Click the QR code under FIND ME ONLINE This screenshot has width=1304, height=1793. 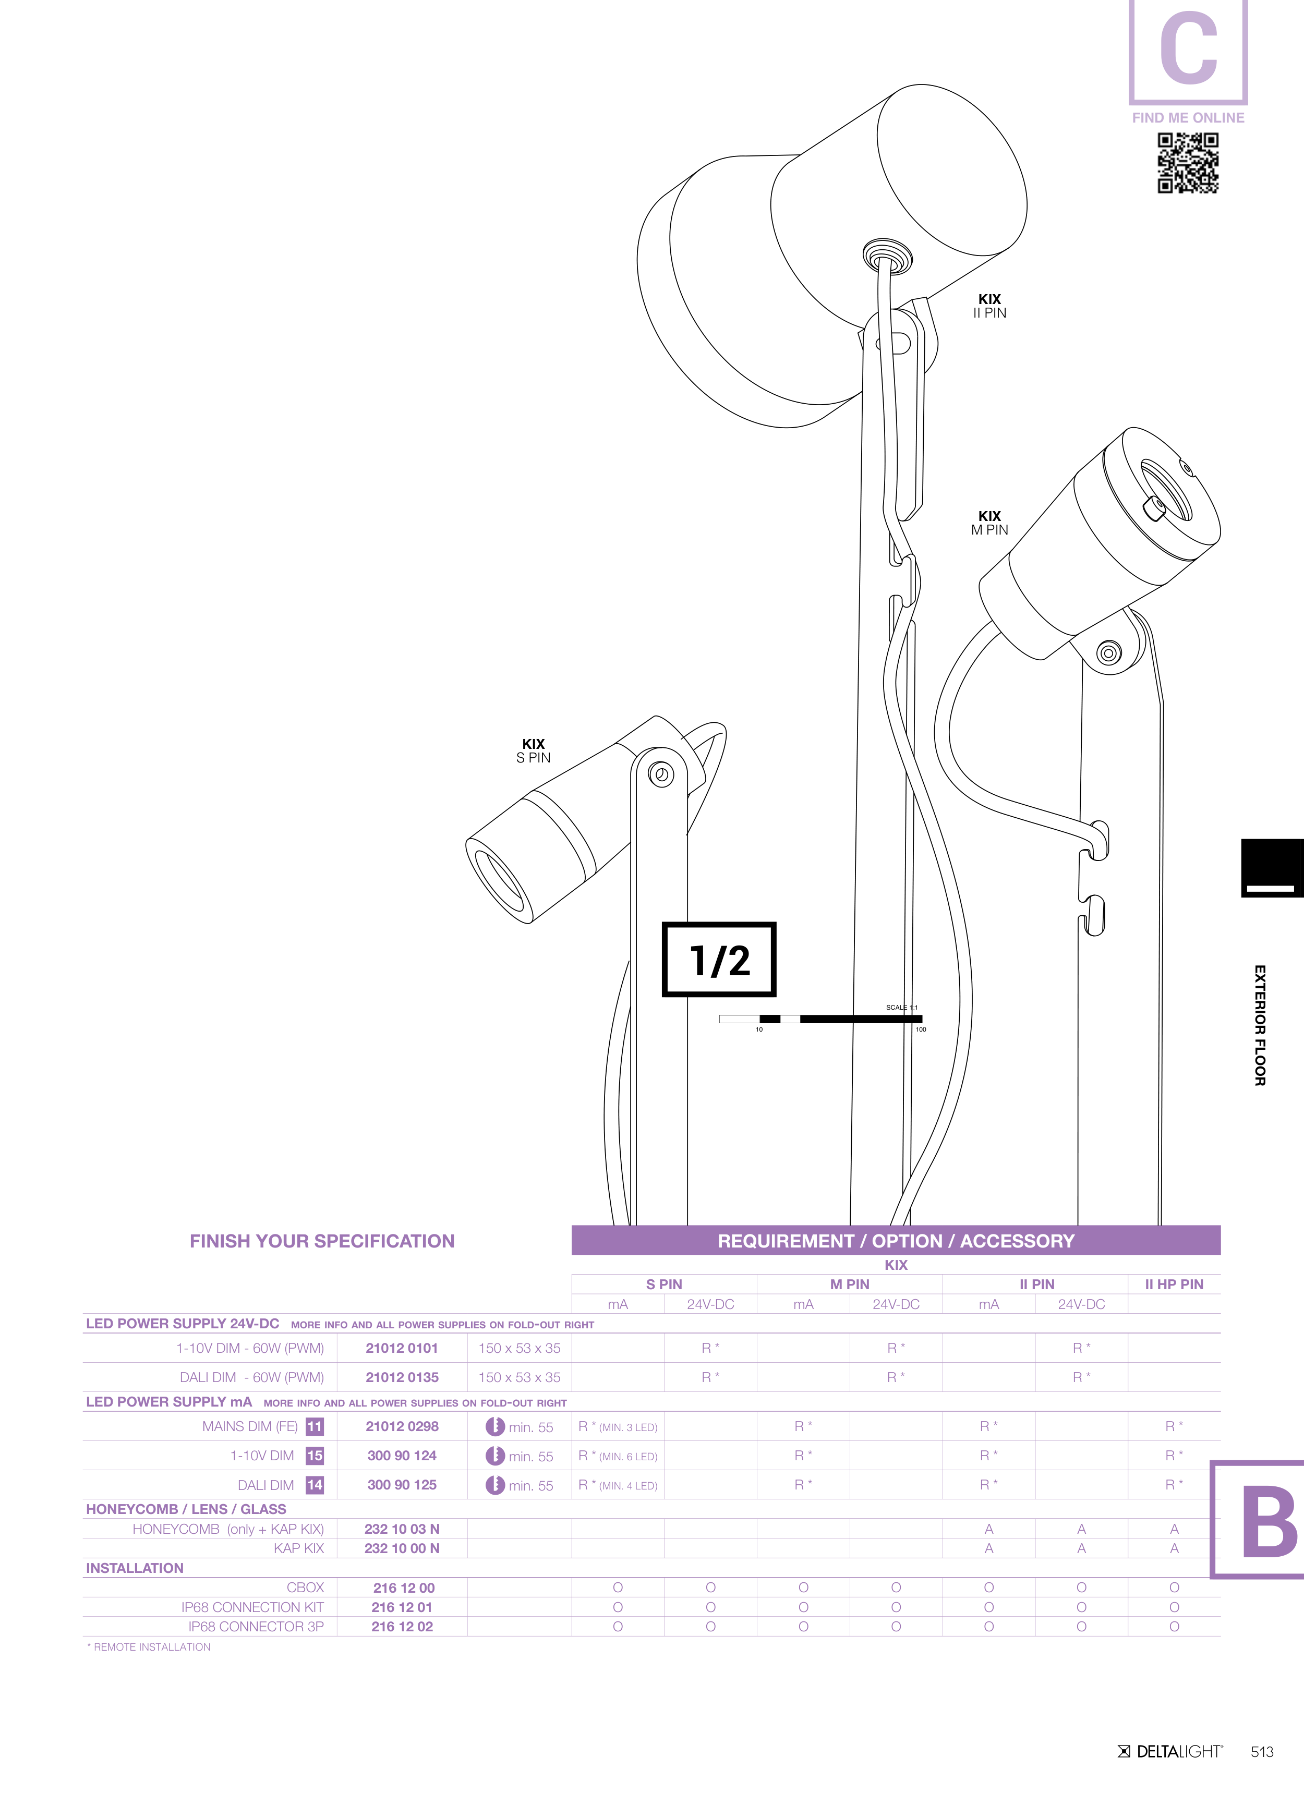point(1188,163)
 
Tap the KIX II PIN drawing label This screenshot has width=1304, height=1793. point(989,306)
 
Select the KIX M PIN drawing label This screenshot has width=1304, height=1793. point(989,523)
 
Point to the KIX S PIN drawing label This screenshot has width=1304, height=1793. point(533,750)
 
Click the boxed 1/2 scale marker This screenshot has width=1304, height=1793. point(719,959)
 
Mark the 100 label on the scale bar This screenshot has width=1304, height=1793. point(921,1029)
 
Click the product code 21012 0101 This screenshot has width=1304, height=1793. point(402,1348)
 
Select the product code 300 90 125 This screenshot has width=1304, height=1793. point(402,1485)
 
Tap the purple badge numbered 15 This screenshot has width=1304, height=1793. point(315,1456)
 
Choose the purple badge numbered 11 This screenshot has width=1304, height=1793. point(315,1426)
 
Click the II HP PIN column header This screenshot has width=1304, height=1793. point(1174,1285)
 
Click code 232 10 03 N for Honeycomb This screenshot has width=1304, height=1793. point(402,1529)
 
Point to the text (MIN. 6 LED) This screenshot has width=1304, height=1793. point(628,1456)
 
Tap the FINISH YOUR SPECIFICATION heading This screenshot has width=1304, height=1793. point(322,1241)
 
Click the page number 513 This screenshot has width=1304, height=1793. point(1262,1752)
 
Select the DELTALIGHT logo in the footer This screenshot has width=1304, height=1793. point(1170,1752)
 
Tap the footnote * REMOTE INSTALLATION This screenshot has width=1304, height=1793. point(149,1647)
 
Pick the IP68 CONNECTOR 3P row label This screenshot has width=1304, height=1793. point(256,1626)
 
